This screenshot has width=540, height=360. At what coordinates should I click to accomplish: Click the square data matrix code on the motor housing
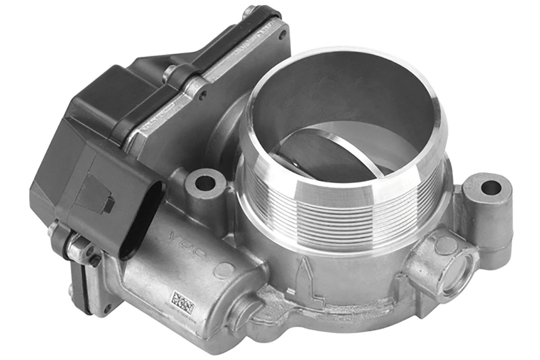tap(183, 301)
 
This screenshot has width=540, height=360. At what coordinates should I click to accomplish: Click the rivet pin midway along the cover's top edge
tap(171, 72)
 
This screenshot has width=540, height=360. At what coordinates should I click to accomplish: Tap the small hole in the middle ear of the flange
tap(203, 95)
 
